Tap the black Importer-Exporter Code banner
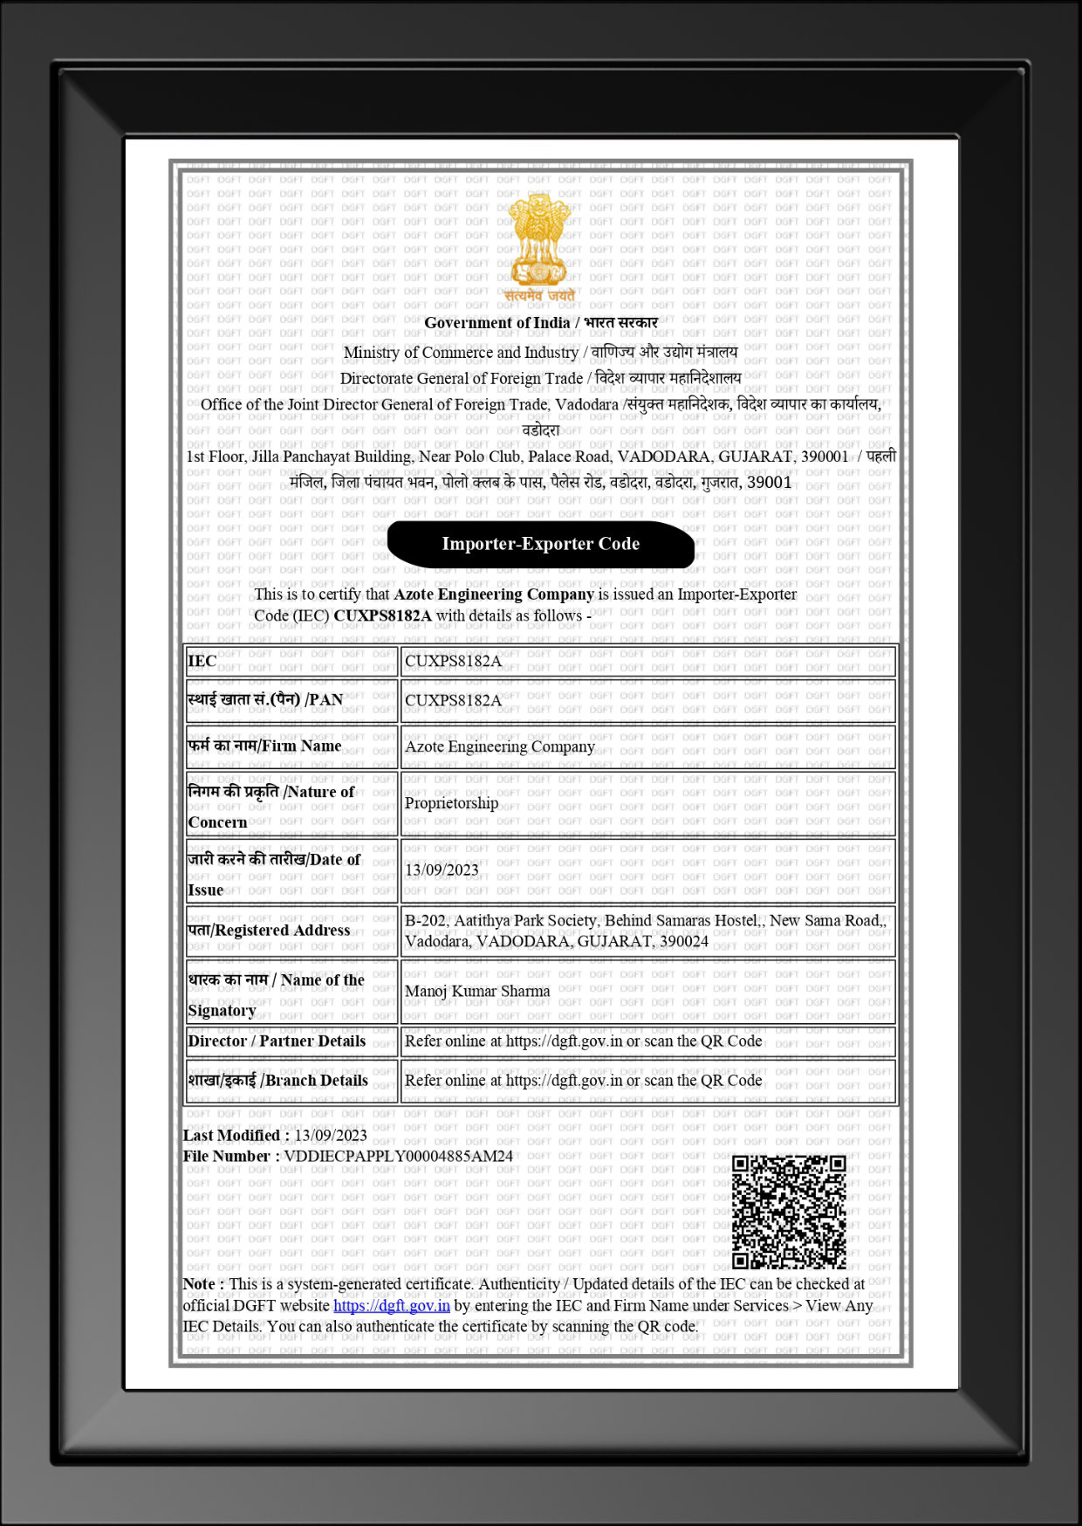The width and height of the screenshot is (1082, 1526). (540, 544)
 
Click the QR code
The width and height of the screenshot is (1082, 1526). (789, 1212)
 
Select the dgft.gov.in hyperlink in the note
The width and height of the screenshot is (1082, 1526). (391, 1306)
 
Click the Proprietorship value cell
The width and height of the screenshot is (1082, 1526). (451, 803)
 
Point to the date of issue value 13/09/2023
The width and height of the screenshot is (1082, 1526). (442, 870)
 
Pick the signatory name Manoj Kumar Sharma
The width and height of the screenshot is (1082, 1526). (477, 991)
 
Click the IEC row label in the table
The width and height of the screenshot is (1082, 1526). (202, 661)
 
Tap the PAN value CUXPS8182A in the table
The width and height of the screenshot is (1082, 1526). (453, 700)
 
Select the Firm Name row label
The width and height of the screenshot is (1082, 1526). (264, 746)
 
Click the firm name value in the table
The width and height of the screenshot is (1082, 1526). (499, 746)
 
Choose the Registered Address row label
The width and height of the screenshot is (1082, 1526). (269, 930)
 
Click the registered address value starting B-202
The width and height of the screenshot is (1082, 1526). (645, 931)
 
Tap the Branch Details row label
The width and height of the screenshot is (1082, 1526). (277, 1080)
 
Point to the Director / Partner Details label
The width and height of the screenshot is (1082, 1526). (277, 1041)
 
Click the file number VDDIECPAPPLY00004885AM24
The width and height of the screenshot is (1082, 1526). (398, 1156)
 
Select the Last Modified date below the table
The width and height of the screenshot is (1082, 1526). (330, 1135)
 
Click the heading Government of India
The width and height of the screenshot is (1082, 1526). (496, 322)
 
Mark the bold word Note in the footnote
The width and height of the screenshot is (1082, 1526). (199, 1284)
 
